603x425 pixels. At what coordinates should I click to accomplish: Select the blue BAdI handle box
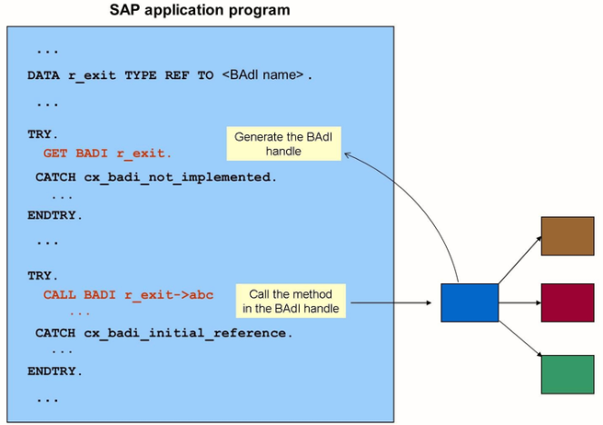click(470, 302)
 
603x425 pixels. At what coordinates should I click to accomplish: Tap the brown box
click(567, 236)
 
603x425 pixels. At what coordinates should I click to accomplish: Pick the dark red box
click(567, 302)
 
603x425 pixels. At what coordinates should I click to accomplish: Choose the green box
click(567, 374)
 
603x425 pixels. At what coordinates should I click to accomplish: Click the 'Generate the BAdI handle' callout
click(283, 144)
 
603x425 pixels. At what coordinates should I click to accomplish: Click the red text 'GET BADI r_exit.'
click(107, 153)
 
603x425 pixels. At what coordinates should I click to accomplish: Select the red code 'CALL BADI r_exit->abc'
click(128, 295)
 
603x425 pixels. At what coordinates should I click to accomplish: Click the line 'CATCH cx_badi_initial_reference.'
click(163, 333)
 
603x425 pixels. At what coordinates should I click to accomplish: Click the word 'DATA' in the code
click(44, 75)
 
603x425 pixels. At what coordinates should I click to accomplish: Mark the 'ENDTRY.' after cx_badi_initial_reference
click(54, 371)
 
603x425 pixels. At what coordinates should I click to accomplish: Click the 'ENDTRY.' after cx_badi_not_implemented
click(54, 215)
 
